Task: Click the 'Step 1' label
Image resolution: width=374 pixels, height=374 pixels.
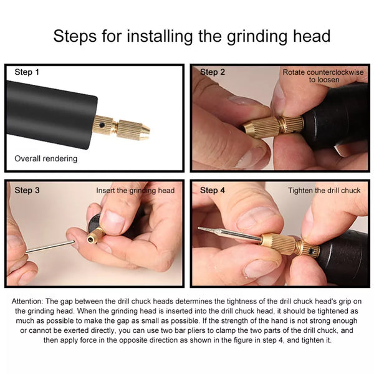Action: point(27,72)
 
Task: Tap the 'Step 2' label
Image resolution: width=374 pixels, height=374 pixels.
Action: point(213,72)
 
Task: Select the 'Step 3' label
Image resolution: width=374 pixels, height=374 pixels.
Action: point(27,190)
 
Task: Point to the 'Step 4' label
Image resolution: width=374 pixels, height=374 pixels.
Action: point(213,190)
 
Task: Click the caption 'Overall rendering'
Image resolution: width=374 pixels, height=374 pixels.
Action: point(46,159)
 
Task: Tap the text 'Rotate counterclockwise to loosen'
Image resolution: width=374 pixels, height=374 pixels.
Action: point(323,76)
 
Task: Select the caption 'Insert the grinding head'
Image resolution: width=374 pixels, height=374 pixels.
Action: point(135,191)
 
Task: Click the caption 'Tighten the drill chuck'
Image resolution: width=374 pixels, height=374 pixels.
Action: point(324,191)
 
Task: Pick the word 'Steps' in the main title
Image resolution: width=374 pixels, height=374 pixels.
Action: point(75,37)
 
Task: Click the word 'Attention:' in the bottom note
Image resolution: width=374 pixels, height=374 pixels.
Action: point(27,301)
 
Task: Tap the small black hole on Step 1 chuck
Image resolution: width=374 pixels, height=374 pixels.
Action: point(102,125)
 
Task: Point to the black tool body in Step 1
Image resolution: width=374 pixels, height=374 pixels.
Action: point(51,115)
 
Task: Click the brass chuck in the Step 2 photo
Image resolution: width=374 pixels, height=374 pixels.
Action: point(274,127)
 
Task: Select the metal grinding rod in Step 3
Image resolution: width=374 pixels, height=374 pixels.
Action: point(50,247)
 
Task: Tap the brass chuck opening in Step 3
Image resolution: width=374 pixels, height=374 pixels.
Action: point(91,240)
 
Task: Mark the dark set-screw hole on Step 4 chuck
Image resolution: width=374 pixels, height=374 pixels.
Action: point(311,251)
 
